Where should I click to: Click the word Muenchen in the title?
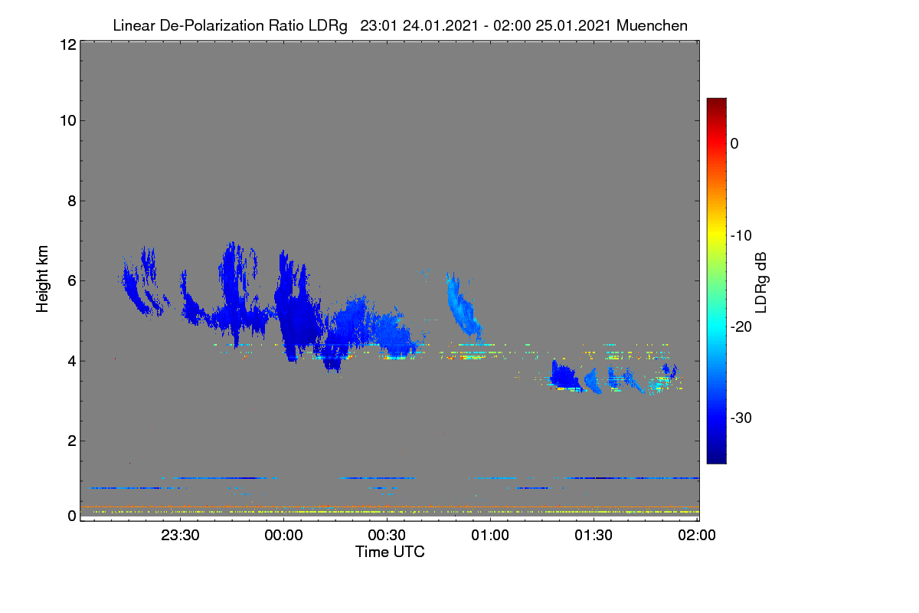coord(652,25)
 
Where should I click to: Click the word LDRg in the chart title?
coord(328,26)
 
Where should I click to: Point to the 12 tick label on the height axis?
coord(68,44)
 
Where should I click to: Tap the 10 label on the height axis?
coord(68,121)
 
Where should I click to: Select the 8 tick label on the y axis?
coord(72,201)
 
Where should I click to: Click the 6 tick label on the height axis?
coord(72,281)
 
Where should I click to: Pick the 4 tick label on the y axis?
coord(72,361)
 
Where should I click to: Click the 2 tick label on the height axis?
coord(72,441)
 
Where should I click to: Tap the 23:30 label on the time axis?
coord(180,535)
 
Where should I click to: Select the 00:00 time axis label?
coord(283,535)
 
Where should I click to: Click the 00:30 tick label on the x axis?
coord(387,535)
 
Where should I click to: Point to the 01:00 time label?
coord(490,535)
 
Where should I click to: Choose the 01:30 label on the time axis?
coord(594,535)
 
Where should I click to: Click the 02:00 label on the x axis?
coord(697,535)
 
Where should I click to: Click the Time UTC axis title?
coord(390,552)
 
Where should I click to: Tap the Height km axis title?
coord(42,279)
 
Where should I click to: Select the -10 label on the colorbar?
coord(741,236)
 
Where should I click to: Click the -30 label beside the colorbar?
coord(741,418)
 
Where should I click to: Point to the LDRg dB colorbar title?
coord(761,283)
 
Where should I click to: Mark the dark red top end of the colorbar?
coord(716,100)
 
